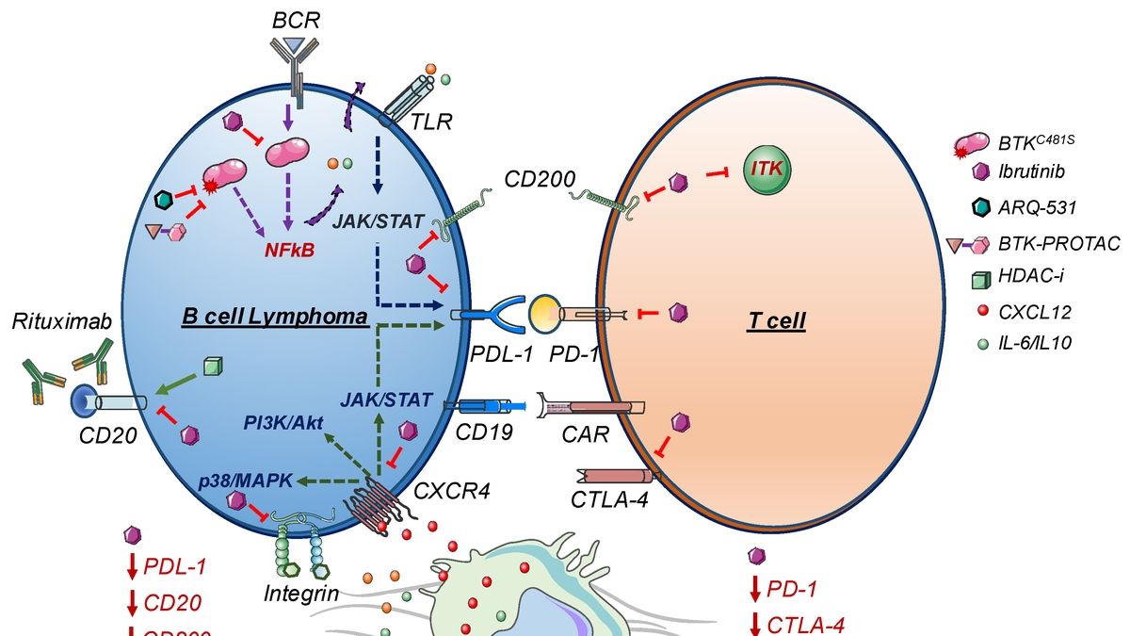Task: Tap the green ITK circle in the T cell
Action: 767,170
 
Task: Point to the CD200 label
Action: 534,178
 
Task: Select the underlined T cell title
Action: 778,321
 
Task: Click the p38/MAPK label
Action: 235,481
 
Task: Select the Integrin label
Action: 302,593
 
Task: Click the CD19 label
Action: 487,433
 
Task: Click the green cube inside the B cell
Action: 213,367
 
